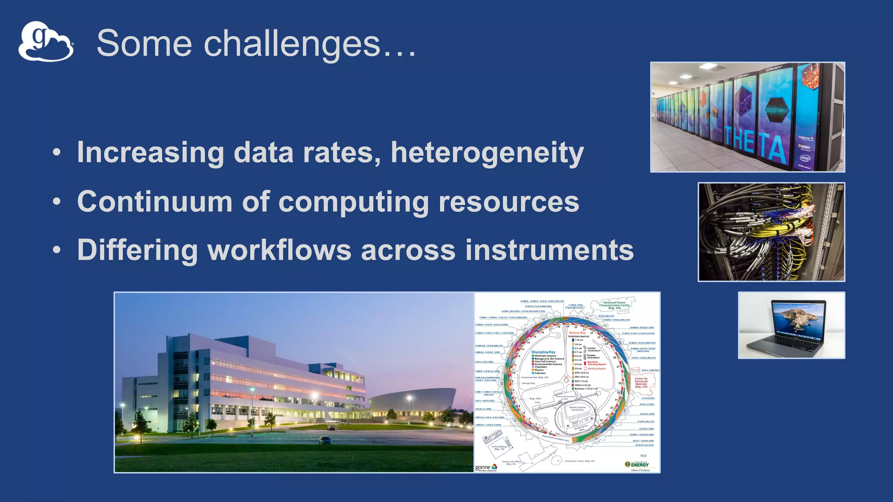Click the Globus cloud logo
click(46, 42)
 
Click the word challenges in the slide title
click(292, 44)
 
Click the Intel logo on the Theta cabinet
click(805, 158)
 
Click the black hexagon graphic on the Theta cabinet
click(777, 109)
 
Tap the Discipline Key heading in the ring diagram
click(543, 352)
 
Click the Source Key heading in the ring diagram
click(577, 333)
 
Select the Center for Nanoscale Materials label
click(641, 383)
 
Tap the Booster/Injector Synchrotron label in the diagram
click(577, 409)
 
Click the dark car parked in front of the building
click(325, 440)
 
